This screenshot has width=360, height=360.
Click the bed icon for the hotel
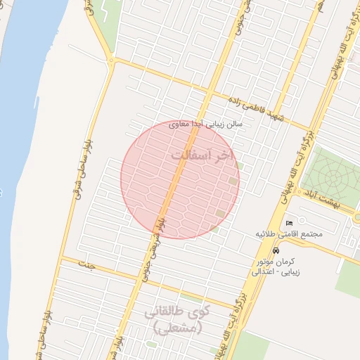click(289, 224)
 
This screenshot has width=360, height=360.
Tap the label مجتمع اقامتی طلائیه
click(289, 233)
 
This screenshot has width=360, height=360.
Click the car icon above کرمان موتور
click(276, 250)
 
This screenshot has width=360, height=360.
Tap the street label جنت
click(87, 265)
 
